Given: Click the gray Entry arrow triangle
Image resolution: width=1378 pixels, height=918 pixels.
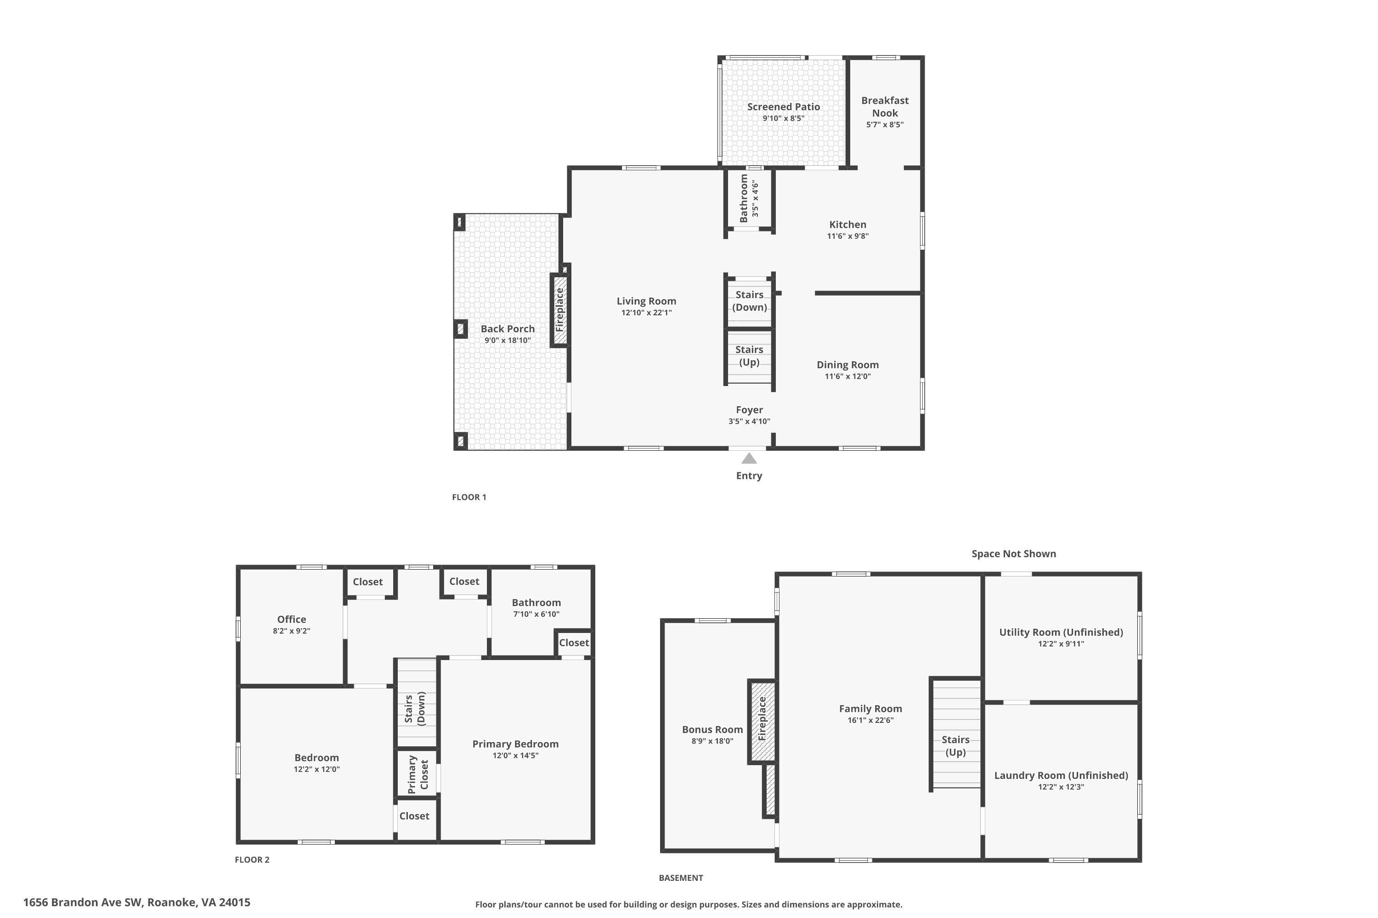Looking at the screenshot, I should click(x=749, y=459).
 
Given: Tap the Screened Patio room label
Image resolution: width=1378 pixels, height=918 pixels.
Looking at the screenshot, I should click(x=783, y=106).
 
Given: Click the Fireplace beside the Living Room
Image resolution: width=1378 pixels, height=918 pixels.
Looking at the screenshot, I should click(x=559, y=310).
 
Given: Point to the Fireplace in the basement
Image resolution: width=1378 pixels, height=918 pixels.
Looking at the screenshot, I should click(x=762, y=719).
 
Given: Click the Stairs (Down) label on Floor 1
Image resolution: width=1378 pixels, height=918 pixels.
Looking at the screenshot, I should click(x=749, y=301).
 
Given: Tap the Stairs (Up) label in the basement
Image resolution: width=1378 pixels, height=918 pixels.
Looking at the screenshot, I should click(x=955, y=746).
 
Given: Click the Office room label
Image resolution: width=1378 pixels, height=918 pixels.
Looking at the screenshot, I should click(x=291, y=619).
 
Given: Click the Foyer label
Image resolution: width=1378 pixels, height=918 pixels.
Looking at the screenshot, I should click(x=749, y=410).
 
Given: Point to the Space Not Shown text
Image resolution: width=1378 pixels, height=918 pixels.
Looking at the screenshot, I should click(x=1014, y=554).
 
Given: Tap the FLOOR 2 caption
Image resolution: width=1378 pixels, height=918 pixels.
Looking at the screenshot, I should click(x=252, y=859).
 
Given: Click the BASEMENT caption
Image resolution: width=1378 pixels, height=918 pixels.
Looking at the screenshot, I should click(x=680, y=878).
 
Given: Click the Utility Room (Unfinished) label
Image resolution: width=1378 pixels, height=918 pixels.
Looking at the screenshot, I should click(x=1061, y=633).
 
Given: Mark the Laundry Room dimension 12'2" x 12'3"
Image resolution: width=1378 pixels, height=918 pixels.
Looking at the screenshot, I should click(x=1061, y=787).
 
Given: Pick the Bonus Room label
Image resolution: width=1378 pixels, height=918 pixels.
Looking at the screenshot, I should click(x=712, y=729).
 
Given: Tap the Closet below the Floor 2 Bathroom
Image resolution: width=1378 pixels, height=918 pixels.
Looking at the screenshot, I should click(x=574, y=643).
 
